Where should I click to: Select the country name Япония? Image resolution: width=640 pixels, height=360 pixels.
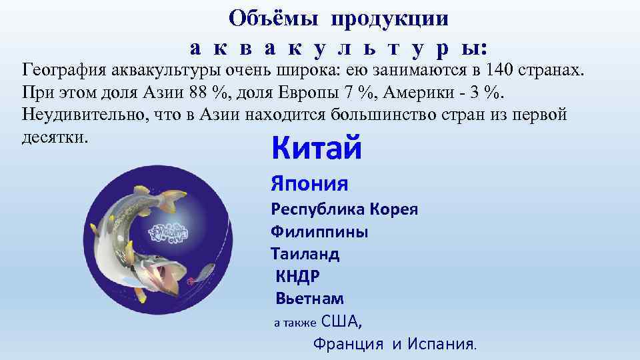pyautogui.click(x=309, y=183)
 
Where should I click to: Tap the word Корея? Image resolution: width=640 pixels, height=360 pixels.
pyautogui.click(x=394, y=209)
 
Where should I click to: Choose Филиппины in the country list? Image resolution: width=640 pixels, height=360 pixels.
pyautogui.click(x=319, y=232)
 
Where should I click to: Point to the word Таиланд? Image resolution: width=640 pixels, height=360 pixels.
pyautogui.click(x=305, y=254)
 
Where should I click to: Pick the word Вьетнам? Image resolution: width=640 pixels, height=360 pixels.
pyautogui.click(x=310, y=299)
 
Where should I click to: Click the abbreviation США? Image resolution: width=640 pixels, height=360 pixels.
pyautogui.click(x=340, y=322)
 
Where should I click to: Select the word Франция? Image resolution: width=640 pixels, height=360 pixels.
pyautogui.click(x=349, y=345)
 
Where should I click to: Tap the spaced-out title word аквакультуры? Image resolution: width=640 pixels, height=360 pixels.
pyautogui.click(x=339, y=47)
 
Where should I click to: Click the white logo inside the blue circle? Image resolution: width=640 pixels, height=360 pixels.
pyautogui.click(x=168, y=232)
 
